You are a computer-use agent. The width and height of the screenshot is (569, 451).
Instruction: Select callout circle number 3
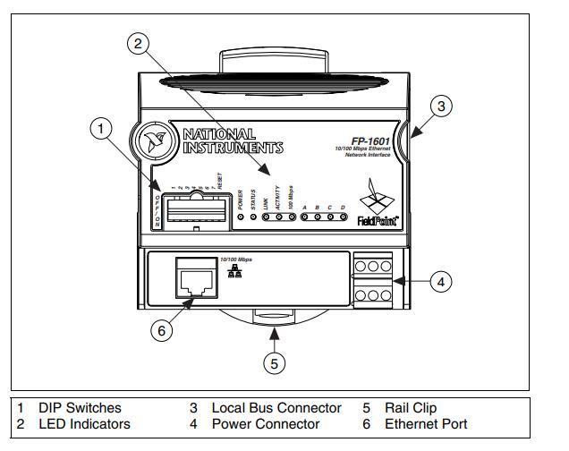tap(439, 106)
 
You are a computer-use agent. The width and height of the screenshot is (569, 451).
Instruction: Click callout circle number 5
tap(276, 362)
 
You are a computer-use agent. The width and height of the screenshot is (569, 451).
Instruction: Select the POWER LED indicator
tap(240, 217)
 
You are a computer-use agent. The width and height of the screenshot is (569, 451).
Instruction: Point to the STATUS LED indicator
tap(253, 217)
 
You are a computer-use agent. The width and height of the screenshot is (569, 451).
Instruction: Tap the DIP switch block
tap(192, 212)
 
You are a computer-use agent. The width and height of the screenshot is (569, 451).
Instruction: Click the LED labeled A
tap(304, 217)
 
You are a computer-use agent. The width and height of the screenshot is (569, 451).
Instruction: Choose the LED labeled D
tap(342, 217)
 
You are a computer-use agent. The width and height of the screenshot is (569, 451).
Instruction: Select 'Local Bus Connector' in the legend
tap(276, 407)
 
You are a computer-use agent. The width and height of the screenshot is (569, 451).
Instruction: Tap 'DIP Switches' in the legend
tap(80, 407)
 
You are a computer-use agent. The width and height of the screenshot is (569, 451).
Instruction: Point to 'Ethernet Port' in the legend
tap(426, 423)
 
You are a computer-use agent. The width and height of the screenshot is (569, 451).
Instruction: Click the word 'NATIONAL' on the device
tap(219, 134)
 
